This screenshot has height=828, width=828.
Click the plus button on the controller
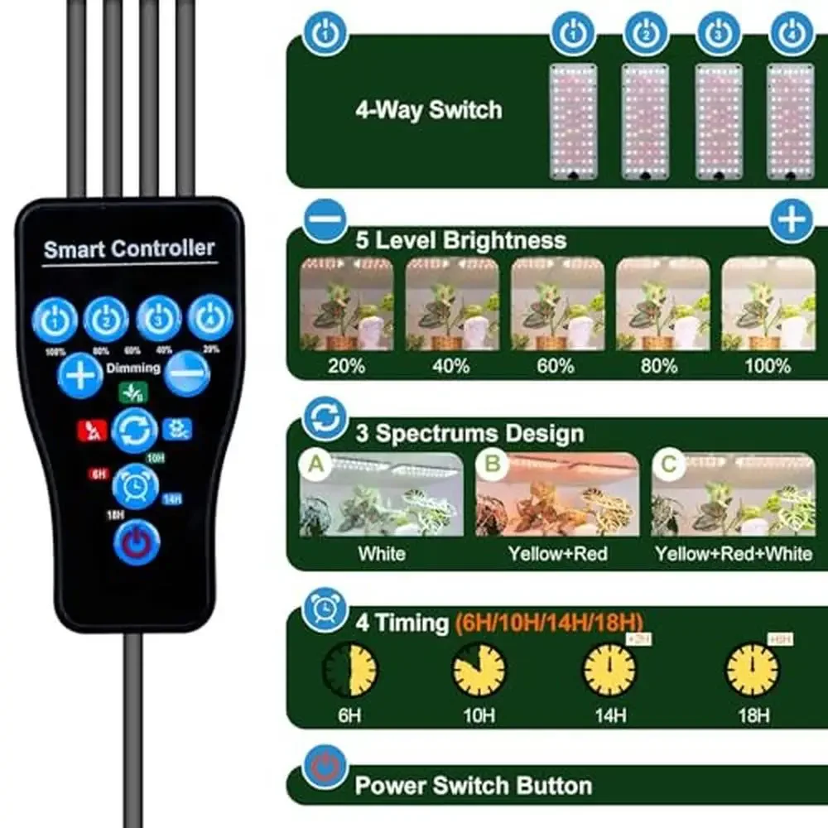point(80,376)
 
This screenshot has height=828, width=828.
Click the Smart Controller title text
point(128,248)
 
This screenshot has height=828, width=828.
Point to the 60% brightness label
point(555,365)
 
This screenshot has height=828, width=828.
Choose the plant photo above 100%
point(768,304)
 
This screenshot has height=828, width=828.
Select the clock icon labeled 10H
point(479,670)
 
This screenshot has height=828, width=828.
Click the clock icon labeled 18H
point(752,670)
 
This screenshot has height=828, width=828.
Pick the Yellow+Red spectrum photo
point(557,494)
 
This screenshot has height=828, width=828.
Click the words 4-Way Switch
point(428,110)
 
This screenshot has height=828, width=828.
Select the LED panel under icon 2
point(645,122)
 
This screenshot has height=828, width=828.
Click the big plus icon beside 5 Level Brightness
point(792,220)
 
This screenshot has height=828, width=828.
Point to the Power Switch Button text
point(473,785)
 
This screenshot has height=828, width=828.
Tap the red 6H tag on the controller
point(98,474)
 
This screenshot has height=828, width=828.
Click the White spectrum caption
point(382,553)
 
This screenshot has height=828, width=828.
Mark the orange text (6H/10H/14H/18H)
point(549,623)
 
